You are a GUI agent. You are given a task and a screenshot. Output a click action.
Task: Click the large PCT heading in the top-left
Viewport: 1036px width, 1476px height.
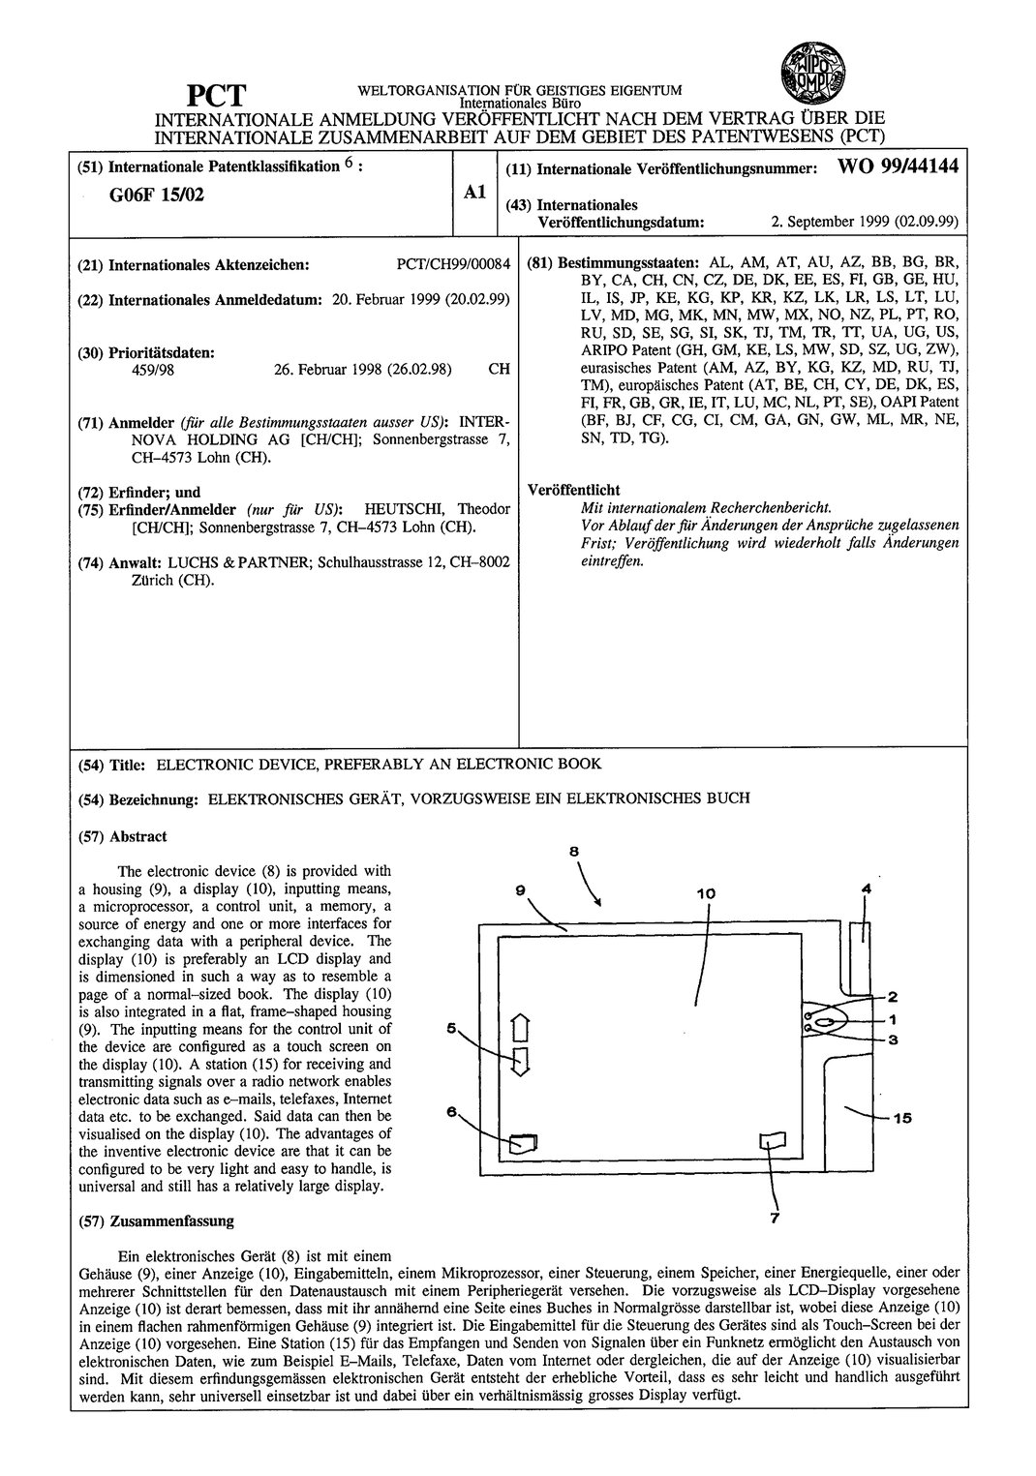217,98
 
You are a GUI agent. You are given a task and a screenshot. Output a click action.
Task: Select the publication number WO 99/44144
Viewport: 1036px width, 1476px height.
899,166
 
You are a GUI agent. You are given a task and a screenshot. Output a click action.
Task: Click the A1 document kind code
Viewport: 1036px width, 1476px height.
473,193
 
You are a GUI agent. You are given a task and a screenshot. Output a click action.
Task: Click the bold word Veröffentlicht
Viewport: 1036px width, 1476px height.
573,490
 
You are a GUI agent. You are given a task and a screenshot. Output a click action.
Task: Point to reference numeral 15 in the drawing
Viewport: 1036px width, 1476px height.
901,1118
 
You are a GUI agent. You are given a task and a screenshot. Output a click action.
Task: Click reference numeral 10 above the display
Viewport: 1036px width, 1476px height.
705,893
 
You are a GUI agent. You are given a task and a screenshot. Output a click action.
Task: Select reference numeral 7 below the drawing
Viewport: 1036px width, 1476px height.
774,1220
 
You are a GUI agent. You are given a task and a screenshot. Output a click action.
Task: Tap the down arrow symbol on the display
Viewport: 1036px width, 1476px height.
519,1062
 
